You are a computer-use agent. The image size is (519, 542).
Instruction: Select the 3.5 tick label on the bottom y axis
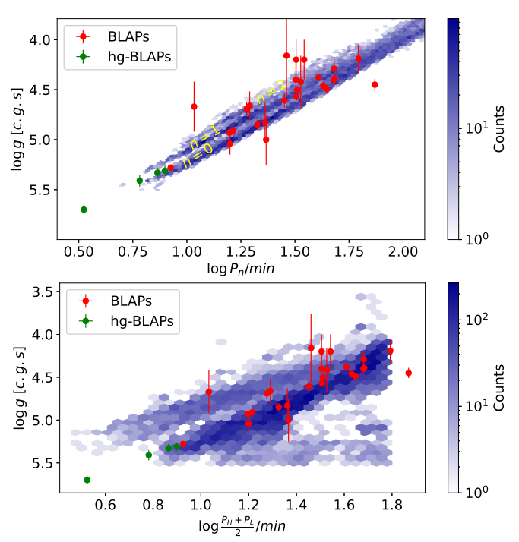(43, 291)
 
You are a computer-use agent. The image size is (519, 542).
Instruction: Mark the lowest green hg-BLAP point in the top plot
(84, 210)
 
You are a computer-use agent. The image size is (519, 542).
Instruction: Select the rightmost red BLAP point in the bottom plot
(408, 373)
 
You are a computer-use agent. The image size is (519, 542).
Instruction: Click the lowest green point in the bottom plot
(87, 480)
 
